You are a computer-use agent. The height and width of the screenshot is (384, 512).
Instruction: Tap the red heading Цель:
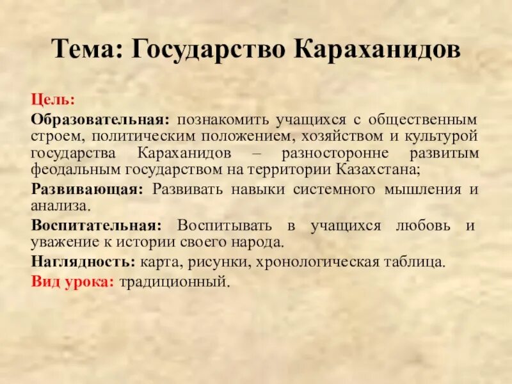54,101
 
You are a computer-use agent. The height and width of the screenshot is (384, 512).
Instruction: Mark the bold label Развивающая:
86,190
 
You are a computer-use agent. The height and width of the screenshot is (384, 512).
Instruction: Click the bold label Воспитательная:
96,227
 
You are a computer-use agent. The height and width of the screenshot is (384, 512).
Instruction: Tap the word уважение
63,243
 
